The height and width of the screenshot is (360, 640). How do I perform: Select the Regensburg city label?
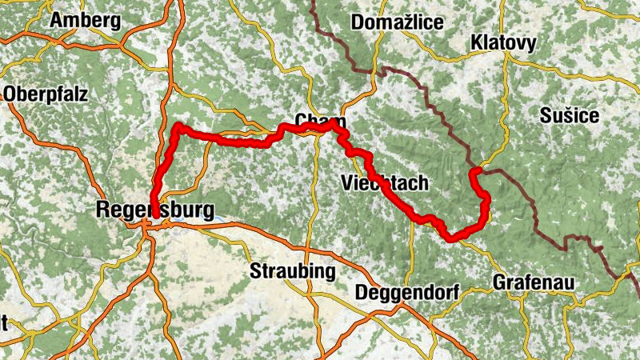tap(154, 210)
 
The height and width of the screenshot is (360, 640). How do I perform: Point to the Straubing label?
tap(293, 270)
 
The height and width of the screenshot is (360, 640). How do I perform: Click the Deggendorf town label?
tap(406, 292)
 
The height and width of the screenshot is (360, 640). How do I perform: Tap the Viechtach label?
tap(385, 183)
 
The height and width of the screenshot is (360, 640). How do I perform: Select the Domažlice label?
tap(397, 22)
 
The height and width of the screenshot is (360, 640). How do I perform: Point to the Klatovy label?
tap(503, 42)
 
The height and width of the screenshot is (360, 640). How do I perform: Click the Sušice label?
tap(569, 116)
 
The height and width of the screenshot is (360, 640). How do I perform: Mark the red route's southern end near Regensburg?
tap(153, 222)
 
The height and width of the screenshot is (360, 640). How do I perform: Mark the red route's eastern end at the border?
tap(474, 170)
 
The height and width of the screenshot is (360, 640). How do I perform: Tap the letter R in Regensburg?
tap(102, 210)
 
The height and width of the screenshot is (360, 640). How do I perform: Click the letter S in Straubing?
tap(255, 270)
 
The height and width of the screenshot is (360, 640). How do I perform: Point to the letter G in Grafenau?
tap(499, 282)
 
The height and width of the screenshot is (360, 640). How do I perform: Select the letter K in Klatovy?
tap(477, 42)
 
